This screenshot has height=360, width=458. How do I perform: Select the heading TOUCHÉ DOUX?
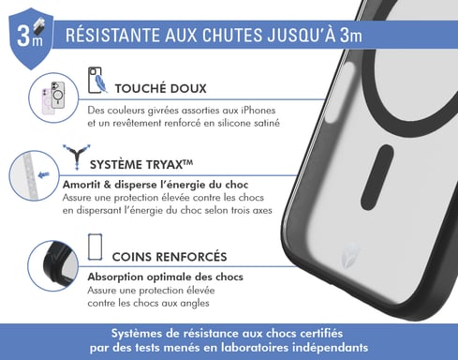[160, 89]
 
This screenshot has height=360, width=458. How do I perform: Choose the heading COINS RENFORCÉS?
[169, 256]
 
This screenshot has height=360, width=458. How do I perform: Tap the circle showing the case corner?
[52, 264]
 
